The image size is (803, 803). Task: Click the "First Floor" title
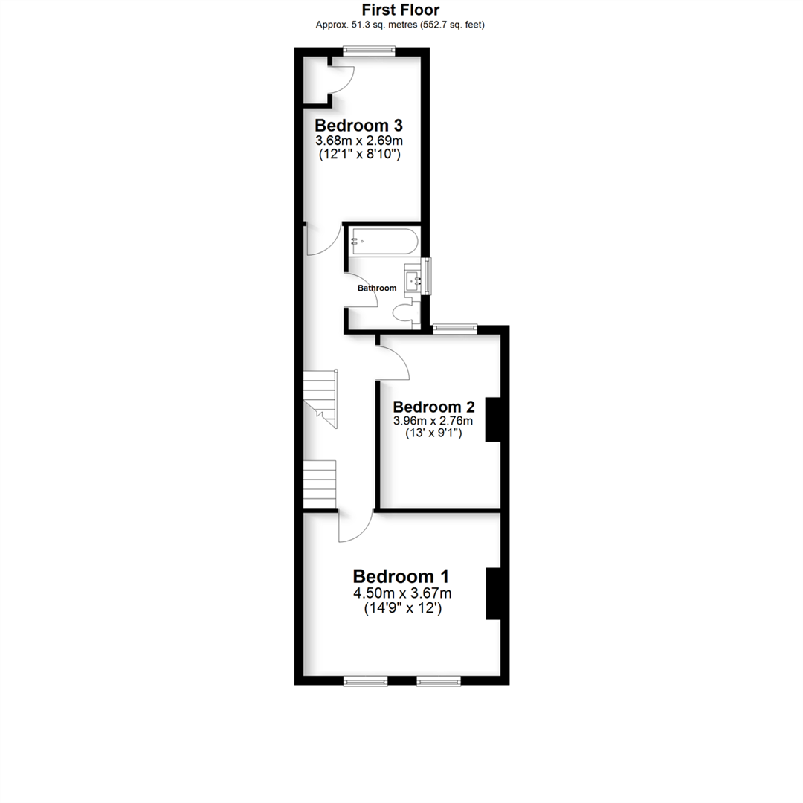[x=401, y=10]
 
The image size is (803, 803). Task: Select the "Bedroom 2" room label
[x=433, y=407]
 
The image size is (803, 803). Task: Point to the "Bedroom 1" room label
[x=401, y=576]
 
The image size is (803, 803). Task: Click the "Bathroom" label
[x=377, y=288]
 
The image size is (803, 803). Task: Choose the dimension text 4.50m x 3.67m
[x=402, y=593]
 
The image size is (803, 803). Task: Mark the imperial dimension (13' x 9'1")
[x=433, y=433]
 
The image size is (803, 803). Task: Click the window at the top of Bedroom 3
[x=370, y=51]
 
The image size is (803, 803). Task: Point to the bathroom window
[x=425, y=277]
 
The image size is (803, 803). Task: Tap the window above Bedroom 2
[x=455, y=328]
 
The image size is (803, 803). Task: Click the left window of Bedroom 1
[x=365, y=680]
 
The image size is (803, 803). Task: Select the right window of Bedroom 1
[x=439, y=680]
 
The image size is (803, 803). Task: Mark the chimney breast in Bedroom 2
[x=493, y=420]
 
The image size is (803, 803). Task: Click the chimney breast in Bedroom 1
[x=494, y=593]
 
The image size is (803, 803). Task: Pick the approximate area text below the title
[x=401, y=24]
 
